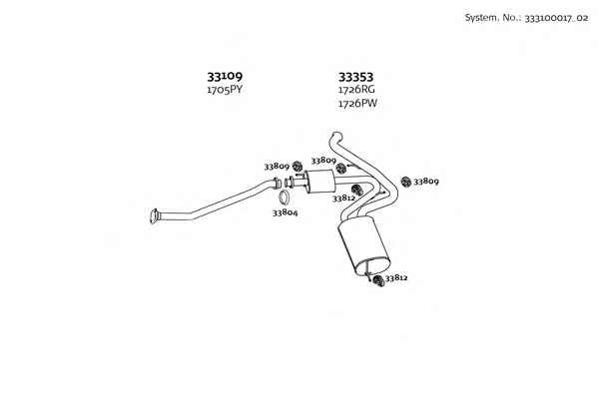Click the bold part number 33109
(225, 77)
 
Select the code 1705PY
(225, 90)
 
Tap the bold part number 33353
(355, 77)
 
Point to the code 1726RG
(356, 90)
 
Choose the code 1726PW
(357, 103)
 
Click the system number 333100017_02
(557, 18)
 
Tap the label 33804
(285, 212)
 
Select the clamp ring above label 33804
(284, 198)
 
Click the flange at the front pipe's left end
(154, 216)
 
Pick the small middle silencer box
(320, 182)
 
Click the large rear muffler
(364, 245)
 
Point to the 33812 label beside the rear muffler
(396, 278)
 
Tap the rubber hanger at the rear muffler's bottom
(378, 280)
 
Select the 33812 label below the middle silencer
(343, 199)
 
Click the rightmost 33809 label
(426, 181)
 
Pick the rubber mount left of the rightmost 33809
(406, 182)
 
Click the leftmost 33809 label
(277, 167)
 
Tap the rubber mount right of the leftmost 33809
(298, 167)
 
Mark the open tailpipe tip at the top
(336, 136)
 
